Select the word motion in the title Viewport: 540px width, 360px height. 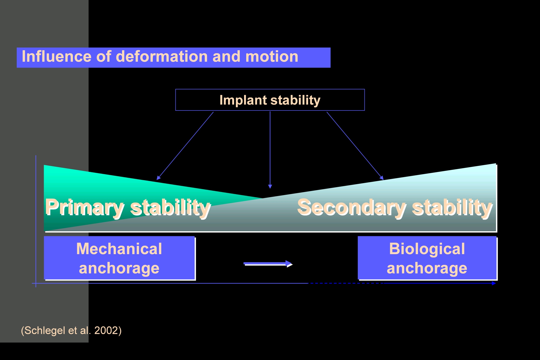(x=272, y=56)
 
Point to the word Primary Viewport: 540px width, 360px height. (x=85, y=208)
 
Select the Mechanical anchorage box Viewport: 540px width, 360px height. (x=120, y=258)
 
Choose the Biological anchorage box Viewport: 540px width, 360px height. (x=427, y=258)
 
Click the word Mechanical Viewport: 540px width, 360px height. (x=119, y=248)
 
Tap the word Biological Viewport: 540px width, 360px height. (x=427, y=248)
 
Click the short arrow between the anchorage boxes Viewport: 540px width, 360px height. (x=268, y=264)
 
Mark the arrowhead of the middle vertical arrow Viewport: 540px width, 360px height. (x=270, y=186)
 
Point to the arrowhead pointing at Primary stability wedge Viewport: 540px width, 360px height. (x=158, y=178)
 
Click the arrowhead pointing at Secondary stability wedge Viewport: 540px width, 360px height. (x=382, y=178)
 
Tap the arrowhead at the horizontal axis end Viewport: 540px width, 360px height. (x=494, y=283)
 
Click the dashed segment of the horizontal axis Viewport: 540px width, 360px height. (x=346, y=283)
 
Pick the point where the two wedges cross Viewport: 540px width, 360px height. (x=262, y=198)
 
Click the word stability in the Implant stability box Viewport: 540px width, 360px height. (x=295, y=100)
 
